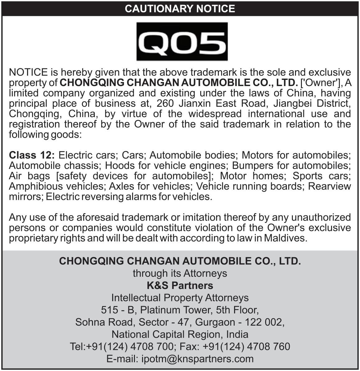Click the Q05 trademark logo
click(x=182, y=41)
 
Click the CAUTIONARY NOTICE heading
click(x=180, y=8)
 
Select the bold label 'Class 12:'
click(x=32, y=155)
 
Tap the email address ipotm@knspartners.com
click(x=197, y=359)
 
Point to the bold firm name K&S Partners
click(x=180, y=285)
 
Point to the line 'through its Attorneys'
click(x=180, y=273)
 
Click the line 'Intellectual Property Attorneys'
click(x=180, y=298)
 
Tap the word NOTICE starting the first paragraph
click(x=28, y=73)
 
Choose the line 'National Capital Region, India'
click(x=180, y=334)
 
